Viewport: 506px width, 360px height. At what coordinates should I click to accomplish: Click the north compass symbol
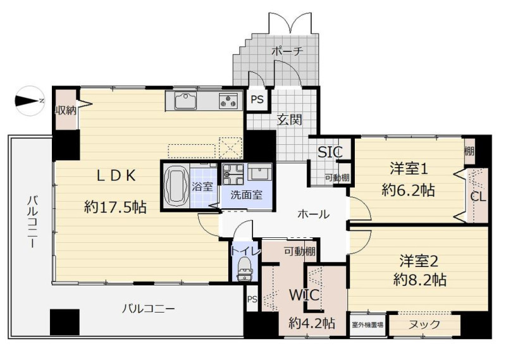coord(29,101)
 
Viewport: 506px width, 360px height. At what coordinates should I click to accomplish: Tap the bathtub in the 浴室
coord(176,186)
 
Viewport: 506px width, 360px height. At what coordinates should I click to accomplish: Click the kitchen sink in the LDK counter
coord(185,101)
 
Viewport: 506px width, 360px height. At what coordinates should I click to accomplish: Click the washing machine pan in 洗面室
coord(233,174)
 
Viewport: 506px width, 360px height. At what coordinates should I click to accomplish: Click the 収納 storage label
coord(66,111)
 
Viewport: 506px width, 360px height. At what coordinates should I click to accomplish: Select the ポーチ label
coord(287,51)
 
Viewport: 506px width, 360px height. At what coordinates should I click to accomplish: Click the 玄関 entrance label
coord(290,120)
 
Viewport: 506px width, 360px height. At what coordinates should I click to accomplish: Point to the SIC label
coord(330,152)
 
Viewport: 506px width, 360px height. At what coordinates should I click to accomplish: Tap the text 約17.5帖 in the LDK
coord(115,207)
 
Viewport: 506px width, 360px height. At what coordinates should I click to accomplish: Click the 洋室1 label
coord(409,168)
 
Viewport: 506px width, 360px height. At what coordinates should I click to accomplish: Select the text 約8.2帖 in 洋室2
coord(419,280)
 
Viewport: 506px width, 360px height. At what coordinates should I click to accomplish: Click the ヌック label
coord(424,325)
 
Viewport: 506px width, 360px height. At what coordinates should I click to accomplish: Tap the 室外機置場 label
coord(367,325)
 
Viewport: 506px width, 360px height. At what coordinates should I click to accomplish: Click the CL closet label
coord(478,197)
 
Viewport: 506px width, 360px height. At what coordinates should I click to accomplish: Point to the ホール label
coord(313,214)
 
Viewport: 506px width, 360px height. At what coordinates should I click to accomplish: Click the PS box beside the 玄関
coord(257,99)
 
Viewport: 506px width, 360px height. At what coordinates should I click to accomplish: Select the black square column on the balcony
coord(65,322)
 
